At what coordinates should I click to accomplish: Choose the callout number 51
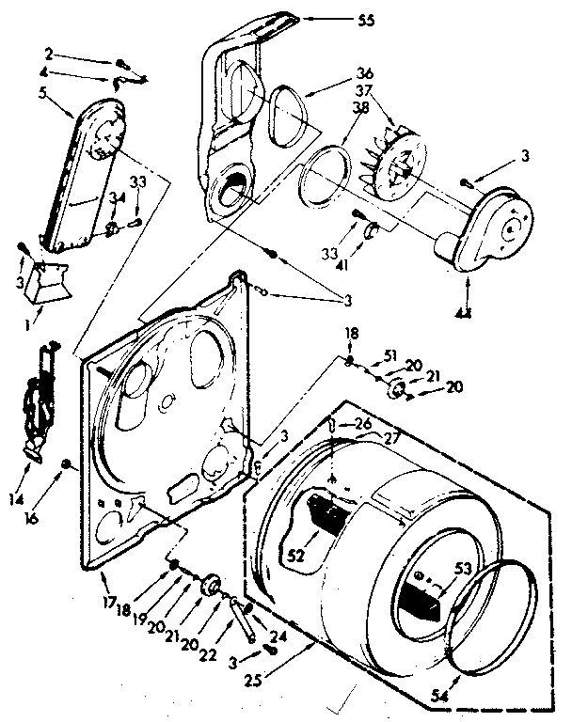390,354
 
